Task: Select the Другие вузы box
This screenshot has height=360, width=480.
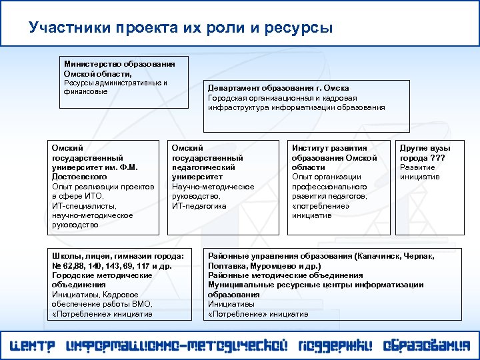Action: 429,187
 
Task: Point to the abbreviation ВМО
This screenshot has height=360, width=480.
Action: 143,303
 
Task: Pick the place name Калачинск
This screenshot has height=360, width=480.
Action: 380,256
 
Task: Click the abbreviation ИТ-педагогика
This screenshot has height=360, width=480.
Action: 199,205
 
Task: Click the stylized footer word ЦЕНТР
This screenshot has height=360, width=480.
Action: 33,347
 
